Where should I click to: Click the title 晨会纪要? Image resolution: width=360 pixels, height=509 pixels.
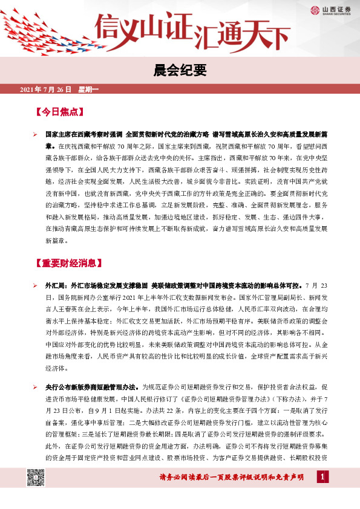point(180,71)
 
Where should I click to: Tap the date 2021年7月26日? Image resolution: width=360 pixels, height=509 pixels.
point(46,91)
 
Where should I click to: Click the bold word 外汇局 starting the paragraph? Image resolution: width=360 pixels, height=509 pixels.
point(57,285)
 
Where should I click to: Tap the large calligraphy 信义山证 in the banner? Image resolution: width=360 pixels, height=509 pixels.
point(145,27)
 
